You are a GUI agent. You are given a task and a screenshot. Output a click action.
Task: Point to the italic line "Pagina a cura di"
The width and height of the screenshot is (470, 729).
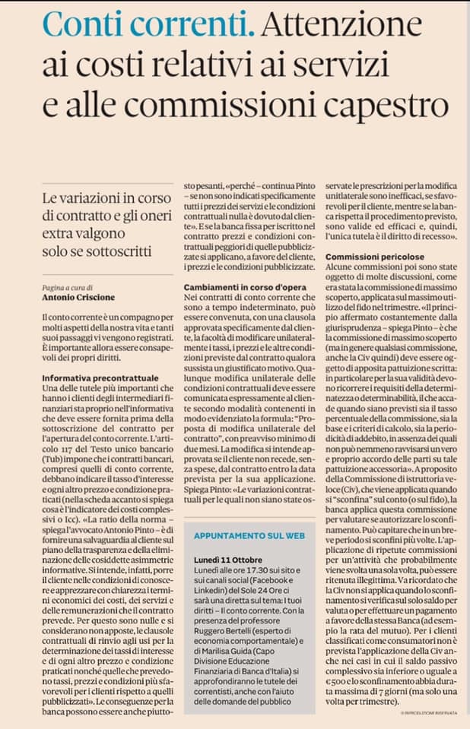tap(66, 288)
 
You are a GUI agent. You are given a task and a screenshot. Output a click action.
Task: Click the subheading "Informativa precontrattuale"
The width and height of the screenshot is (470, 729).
tap(94, 377)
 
